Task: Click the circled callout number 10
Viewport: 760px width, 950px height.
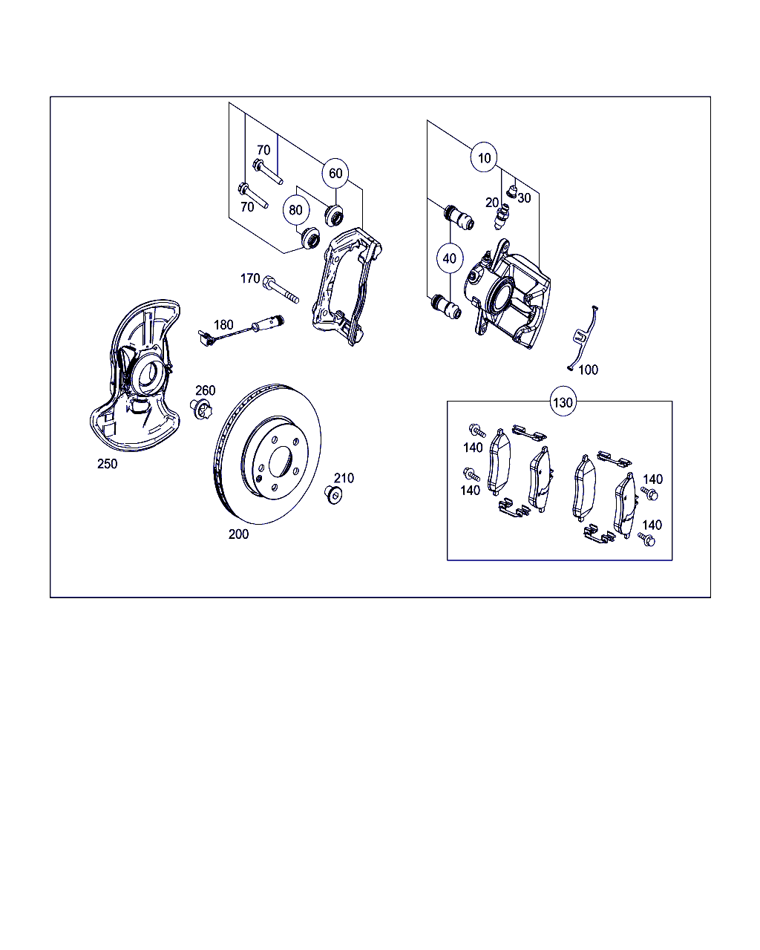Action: pyautogui.click(x=484, y=157)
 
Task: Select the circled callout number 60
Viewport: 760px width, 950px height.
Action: pyautogui.click(x=335, y=173)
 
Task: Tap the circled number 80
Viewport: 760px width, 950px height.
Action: pyautogui.click(x=296, y=210)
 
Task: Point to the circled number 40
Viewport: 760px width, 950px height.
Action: pyautogui.click(x=450, y=258)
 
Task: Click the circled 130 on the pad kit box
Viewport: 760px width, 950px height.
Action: pyautogui.click(x=563, y=402)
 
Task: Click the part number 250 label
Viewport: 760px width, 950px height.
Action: pyautogui.click(x=108, y=464)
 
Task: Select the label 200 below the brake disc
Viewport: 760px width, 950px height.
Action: pyautogui.click(x=238, y=534)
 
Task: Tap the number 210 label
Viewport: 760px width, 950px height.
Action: pyautogui.click(x=344, y=478)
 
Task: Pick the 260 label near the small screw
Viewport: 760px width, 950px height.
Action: pyautogui.click(x=206, y=390)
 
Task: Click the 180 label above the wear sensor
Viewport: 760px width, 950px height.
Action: pyautogui.click(x=223, y=325)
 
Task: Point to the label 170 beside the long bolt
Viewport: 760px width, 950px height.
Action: pyautogui.click(x=250, y=278)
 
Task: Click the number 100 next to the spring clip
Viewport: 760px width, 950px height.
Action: pyautogui.click(x=589, y=370)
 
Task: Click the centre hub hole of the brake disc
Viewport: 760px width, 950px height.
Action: pyautogui.click(x=281, y=462)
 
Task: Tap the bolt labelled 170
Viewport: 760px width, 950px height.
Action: pyautogui.click(x=281, y=289)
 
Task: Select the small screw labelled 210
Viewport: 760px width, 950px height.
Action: pyautogui.click(x=333, y=495)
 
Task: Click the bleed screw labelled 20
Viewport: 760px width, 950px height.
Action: pyautogui.click(x=502, y=216)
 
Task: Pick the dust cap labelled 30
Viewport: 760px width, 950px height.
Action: pyautogui.click(x=512, y=191)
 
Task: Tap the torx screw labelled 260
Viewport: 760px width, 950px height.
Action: pyautogui.click(x=202, y=409)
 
